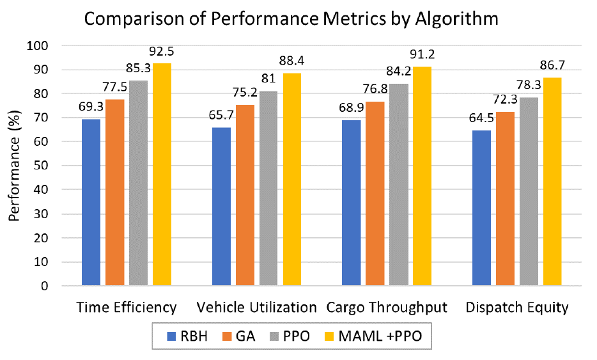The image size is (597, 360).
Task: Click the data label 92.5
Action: [x=162, y=51]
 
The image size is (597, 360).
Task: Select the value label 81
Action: [x=268, y=79]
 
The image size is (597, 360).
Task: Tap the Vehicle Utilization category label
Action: [x=256, y=308]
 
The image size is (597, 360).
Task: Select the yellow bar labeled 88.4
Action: [x=292, y=180]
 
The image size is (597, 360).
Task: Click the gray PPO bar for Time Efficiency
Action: [x=139, y=183]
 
